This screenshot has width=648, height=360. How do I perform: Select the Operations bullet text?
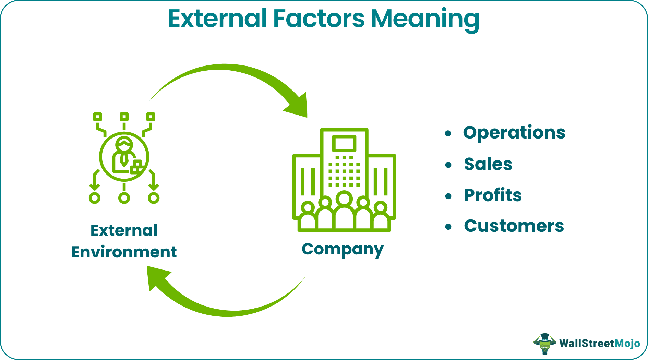514,133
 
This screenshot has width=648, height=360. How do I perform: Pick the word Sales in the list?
488,164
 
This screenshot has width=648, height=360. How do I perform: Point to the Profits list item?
492,195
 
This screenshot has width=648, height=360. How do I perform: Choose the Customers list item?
514,226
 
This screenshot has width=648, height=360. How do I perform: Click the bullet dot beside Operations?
448,134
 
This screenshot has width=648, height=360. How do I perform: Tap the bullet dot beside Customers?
448,227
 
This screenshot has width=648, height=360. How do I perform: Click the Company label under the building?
342,249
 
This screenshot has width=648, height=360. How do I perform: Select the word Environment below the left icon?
124,252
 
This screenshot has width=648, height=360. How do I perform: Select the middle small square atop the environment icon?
124,117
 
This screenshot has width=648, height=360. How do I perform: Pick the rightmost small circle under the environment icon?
154,198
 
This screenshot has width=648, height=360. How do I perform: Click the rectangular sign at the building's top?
344,143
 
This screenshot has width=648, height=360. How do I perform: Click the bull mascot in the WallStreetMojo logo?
544,343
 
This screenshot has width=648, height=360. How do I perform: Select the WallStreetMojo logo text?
599,343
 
